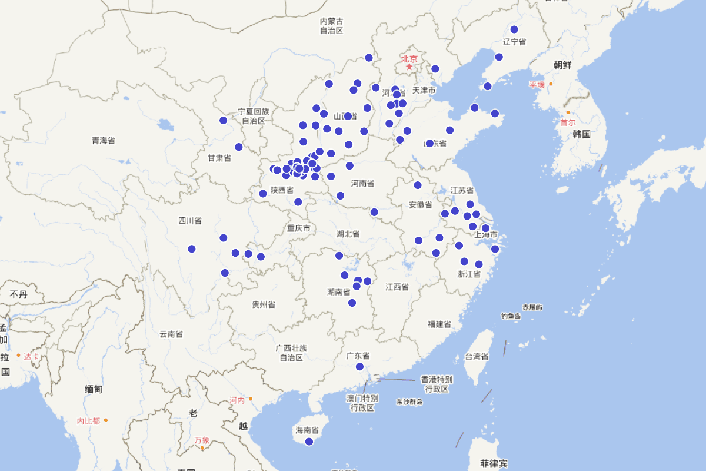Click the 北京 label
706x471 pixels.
pos(409,58)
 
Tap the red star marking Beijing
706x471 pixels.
pos(409,67)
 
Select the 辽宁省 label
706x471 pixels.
pos(515,42)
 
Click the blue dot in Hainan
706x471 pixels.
pos(309,442)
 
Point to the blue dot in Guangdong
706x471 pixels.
pos(359,367)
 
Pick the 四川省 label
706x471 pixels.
pos(190,221)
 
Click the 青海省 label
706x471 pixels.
pos(104,141)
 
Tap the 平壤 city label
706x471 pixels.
pos(537,85)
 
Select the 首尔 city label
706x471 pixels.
pos(568,122)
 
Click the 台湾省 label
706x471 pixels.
pos(477,357)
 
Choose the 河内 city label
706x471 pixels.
pos(237,400)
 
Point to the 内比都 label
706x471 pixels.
pos(89,421)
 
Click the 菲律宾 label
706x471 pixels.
pos(494,463)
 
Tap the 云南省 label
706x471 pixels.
pos(171,334)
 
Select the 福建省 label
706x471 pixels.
pos(439,324)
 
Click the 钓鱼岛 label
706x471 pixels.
pos(511,317)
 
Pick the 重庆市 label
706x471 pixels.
pos(299,228)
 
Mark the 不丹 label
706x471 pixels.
pos(18,294)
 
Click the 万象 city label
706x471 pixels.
pos(202,440)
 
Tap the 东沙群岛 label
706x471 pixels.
pos(409,402)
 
